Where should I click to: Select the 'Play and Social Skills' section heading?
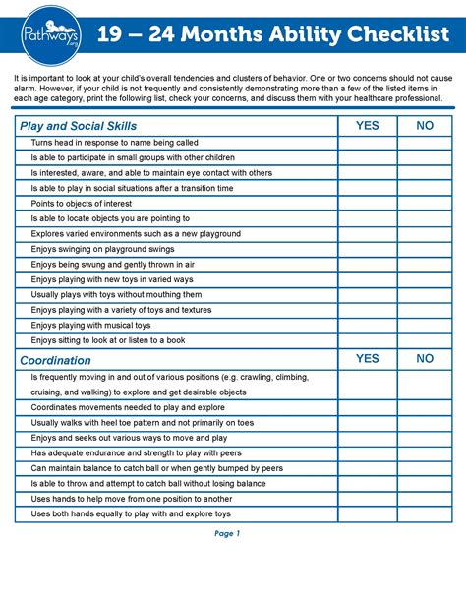point(78,126)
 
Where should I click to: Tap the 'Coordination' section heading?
point(55,360)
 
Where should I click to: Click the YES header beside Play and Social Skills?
point(367,126)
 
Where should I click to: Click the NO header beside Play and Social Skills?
point(425,126)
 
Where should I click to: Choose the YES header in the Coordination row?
point(367,359)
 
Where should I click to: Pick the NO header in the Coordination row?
point(425,359)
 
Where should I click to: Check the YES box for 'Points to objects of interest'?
point(367,203)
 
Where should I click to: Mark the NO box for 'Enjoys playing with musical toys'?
point(425,325)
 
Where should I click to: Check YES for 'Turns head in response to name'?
point(367,143)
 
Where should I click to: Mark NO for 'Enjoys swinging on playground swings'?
point(425,249)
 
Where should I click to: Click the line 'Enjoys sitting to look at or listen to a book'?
point(108,340)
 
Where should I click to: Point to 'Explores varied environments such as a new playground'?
point(136,233)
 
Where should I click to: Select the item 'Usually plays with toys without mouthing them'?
point(116,294)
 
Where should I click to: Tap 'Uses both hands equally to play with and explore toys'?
point(131,513)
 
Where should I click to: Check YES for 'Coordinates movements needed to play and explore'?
point(367,407)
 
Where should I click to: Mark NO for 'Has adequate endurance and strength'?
point(425,452)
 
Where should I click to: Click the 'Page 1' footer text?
point(227,534)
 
